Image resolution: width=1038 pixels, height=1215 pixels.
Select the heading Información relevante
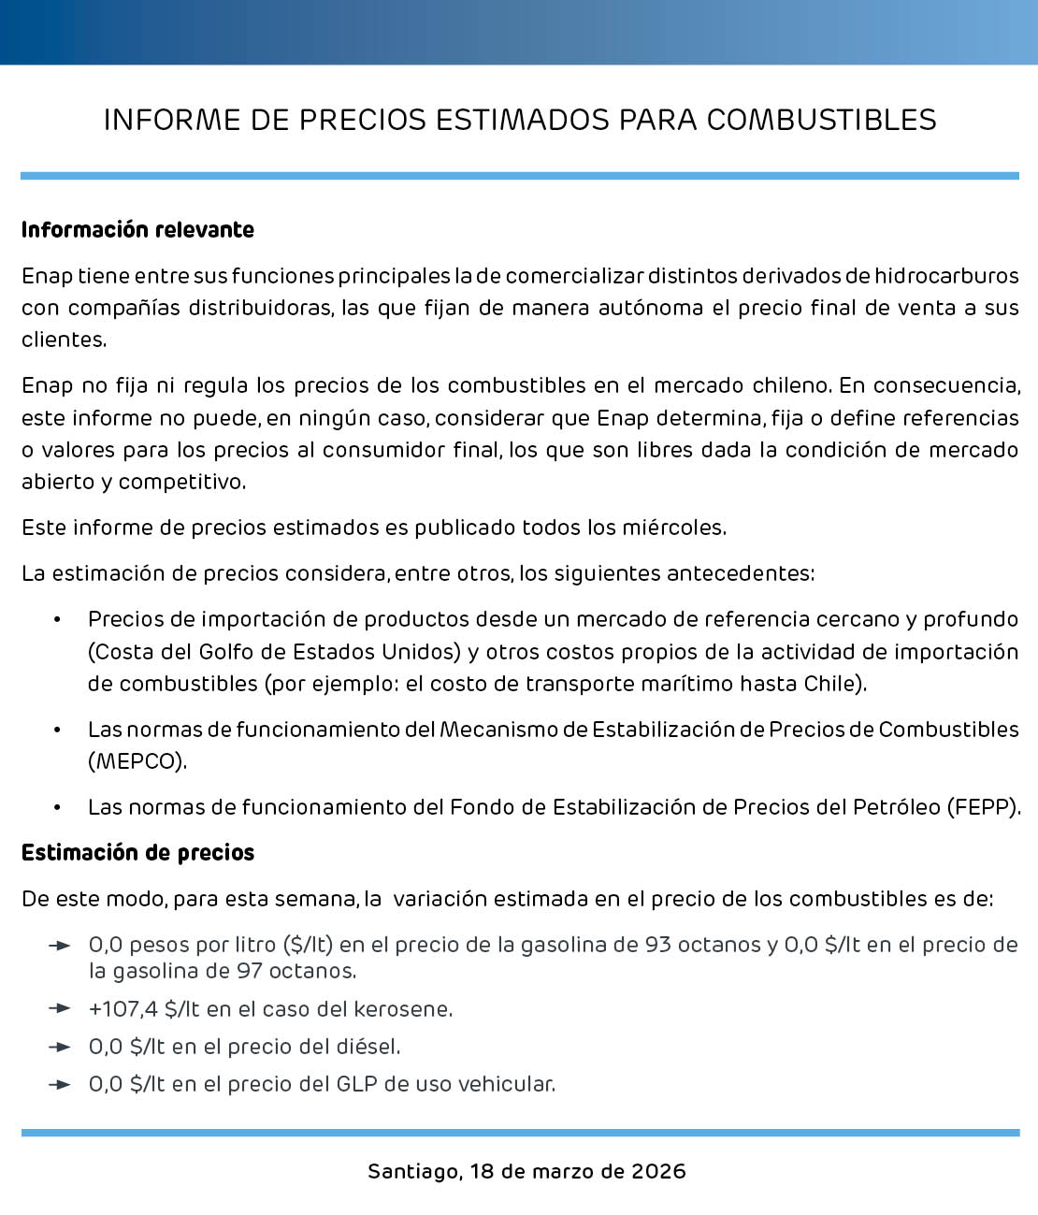point(137,230)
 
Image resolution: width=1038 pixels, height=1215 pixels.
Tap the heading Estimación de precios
point(137,853)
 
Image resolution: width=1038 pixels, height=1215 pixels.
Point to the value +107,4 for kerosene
point(123,1009)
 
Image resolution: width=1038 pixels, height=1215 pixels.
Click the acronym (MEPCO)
point(137,761)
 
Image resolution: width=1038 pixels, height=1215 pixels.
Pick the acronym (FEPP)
point(984,807)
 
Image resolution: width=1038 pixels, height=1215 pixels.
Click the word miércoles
point(673,528)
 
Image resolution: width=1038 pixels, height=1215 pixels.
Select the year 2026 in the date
point(658,1171)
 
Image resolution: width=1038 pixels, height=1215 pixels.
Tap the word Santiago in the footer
point(411,1171)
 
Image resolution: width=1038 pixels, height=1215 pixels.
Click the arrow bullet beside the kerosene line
point(60,1008)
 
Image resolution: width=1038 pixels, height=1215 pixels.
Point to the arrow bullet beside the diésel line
point(60,1047)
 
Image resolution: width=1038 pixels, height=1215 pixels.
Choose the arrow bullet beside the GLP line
point(60,1085)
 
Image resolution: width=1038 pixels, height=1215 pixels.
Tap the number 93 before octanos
point(657,945)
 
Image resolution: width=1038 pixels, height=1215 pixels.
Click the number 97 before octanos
point(249,971)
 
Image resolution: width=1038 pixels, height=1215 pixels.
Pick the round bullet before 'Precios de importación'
point(57,620)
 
